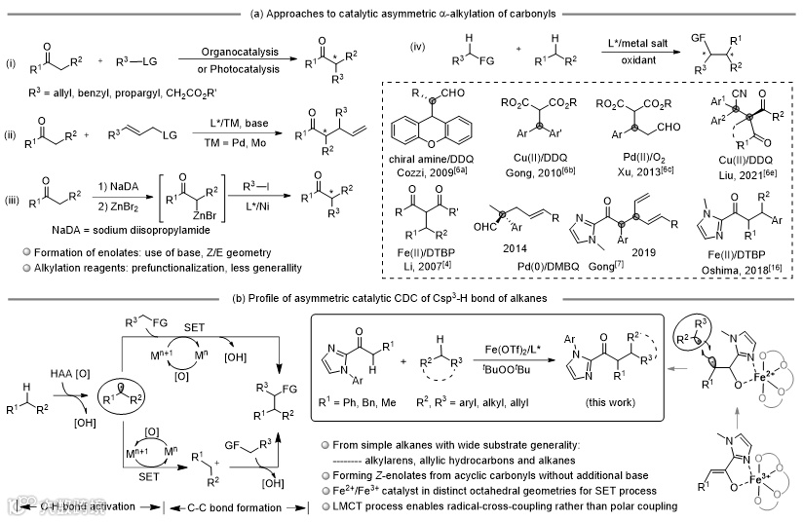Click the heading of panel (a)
click(401, 8)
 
